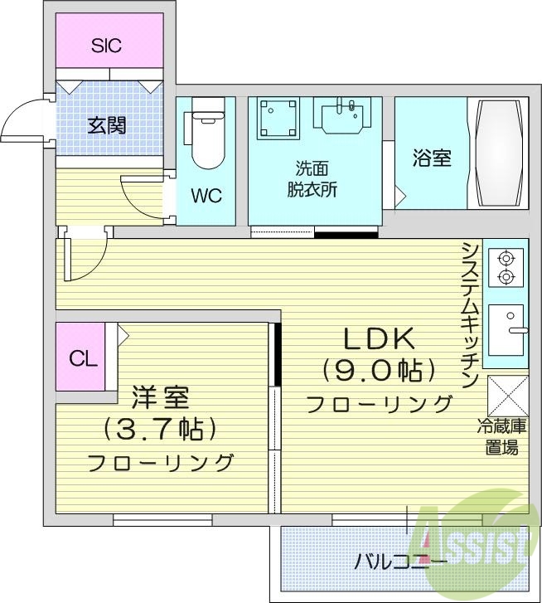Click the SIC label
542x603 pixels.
click(106, 45)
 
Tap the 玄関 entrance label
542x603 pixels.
click(107, 125)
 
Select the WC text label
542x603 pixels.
click(206, 196)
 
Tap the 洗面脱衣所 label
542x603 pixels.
click(315, 177)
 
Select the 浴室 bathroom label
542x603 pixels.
click(432, 158)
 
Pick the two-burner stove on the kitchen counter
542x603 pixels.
click(506, 266)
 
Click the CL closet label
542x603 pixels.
click(81, 358)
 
